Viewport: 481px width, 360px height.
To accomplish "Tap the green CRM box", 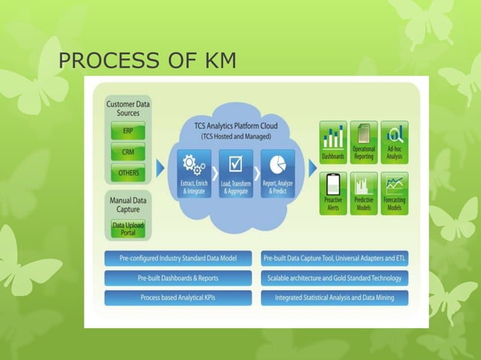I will (x=129, y=152).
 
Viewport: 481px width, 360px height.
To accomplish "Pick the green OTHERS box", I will (x=129, y=172).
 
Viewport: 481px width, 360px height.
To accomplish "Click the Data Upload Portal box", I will (x=128, y=229).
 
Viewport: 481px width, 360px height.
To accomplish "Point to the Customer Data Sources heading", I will (x=128, y=108).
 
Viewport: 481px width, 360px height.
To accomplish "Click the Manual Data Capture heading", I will (x=128, y=206).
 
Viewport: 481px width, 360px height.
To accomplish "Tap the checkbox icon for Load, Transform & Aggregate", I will (x=235, y=163).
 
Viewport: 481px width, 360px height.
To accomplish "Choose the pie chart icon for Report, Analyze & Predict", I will (x=277, y=163).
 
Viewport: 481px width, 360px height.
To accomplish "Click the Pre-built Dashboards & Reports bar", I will (x=178, y=278).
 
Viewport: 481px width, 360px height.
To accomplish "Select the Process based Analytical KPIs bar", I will (x=178, y=297).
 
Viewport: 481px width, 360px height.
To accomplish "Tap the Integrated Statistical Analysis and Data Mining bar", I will (x=335, y=297).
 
